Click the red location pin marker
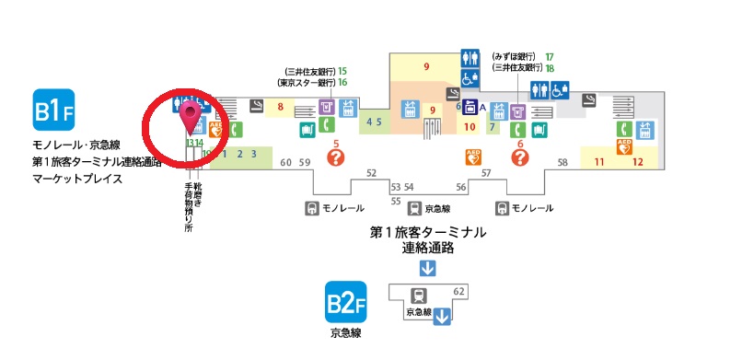point(191,116)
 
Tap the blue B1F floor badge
point(53,111)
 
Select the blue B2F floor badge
point(346,302)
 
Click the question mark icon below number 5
point(336,157)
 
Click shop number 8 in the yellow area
point(280,108)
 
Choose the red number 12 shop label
point(637,163)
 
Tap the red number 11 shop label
point(598,163)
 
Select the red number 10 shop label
point(469,126)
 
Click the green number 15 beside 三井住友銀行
point(342,70)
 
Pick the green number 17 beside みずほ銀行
point(549,56)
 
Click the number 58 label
point(563,163)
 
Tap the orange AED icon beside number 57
point(474,157)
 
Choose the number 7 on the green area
point(493,126)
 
